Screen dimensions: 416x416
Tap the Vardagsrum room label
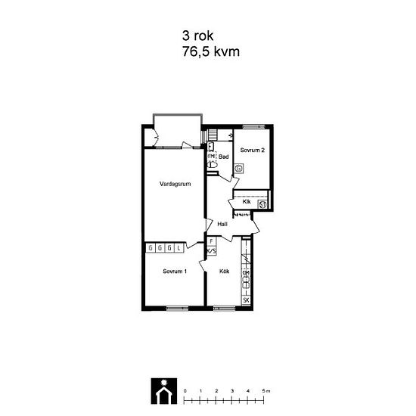(174, 184)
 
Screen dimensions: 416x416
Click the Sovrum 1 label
(175, 271)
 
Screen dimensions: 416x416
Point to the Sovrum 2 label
(252, 151)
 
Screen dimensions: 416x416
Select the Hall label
(222, 224)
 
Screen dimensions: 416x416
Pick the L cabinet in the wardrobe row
(179, 247)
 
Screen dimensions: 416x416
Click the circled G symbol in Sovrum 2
(239, 170)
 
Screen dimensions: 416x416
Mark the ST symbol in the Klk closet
(262, 203)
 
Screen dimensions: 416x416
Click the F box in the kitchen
(211, 242)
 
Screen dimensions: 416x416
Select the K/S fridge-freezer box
(211, 250)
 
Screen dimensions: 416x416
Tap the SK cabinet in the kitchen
(246, 300)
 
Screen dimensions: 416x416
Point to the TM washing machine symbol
(212, 157)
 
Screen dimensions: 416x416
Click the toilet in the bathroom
(213, 164)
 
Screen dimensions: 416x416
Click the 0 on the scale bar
(185, 390)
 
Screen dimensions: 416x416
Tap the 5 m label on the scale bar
(265, 390)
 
